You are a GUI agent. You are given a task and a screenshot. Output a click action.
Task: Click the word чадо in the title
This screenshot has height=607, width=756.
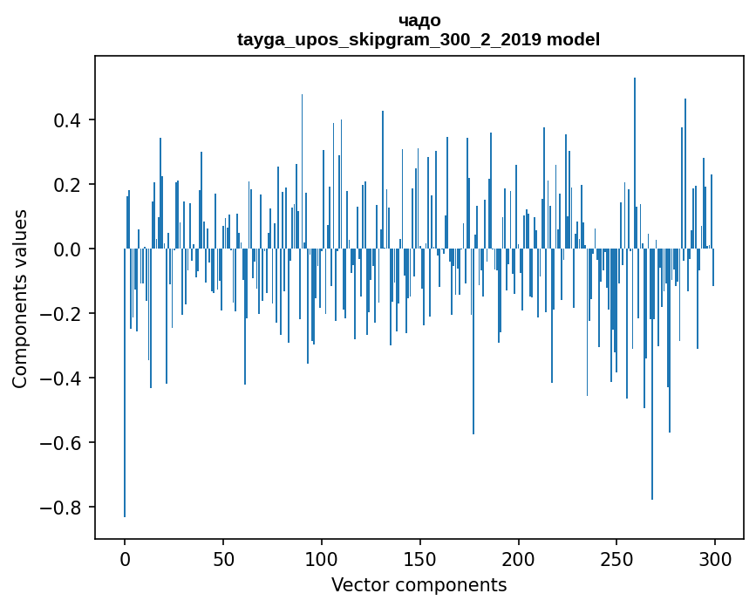(x=419, y=20)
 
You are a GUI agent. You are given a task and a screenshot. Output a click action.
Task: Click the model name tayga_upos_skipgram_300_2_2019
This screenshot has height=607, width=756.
(x=389, y=39)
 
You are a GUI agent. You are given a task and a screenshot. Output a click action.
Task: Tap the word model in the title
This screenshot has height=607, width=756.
(x=573, y=39)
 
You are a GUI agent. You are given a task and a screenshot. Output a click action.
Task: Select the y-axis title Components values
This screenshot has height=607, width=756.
(x=20, y=299)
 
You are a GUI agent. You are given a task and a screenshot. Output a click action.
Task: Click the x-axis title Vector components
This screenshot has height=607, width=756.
(x=419, y=585)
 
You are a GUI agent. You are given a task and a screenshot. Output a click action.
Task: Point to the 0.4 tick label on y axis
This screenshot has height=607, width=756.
(x=67, y=120)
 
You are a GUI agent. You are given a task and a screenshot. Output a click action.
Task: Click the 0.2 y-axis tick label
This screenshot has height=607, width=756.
(x=67, y=185)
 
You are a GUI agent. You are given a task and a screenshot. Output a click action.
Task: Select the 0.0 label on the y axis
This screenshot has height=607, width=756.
(x=67, y=249)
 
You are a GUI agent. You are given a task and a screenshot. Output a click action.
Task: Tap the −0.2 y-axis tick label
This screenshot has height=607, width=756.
(x=60, y=314)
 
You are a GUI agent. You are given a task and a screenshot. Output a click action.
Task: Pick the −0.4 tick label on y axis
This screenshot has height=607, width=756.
(x=60, y=379)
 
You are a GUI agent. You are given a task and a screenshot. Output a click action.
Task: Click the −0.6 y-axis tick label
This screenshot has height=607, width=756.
(x=60, y=443)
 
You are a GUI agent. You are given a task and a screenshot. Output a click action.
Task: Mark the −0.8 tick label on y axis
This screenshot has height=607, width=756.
(x=60, y=508)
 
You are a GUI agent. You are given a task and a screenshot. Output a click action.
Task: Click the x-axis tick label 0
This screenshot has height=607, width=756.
(x=125, y=560)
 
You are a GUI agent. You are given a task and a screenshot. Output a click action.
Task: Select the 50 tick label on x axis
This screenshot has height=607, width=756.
(x=223, y=560)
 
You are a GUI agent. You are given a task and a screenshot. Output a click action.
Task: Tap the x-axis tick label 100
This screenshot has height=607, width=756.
(x=322, y=560)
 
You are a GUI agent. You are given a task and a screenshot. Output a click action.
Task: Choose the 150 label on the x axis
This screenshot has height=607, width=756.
(x=420, y=560)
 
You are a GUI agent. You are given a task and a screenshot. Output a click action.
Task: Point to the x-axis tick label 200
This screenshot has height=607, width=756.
(x=518, y=560)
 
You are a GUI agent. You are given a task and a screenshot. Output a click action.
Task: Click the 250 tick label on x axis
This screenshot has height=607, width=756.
(x=616, y=560)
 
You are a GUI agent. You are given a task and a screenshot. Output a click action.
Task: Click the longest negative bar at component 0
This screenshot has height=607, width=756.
(x=125, y=383)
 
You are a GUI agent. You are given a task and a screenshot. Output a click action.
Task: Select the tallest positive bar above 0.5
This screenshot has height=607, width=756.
(x=635, y=163)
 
